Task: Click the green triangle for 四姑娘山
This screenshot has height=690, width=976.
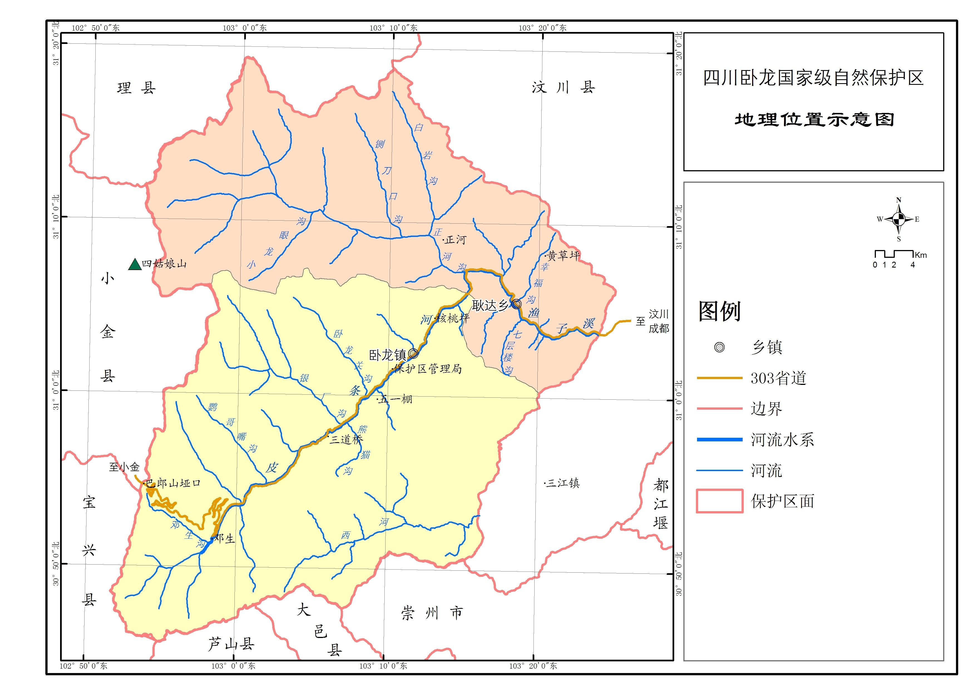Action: pos(135,265)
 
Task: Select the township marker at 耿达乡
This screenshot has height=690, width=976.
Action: pos(517,304)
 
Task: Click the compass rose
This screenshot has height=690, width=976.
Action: pos(898,219)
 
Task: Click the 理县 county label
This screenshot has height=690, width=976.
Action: pos(137,88)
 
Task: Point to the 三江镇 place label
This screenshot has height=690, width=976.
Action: pos(563,483)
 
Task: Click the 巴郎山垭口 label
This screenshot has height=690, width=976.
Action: pos(172,483)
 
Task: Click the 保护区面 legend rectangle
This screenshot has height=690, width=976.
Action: pos(719,501)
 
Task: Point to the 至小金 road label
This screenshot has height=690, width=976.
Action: pos(124,467)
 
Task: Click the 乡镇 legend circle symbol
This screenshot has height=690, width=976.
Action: pos(719,347)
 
